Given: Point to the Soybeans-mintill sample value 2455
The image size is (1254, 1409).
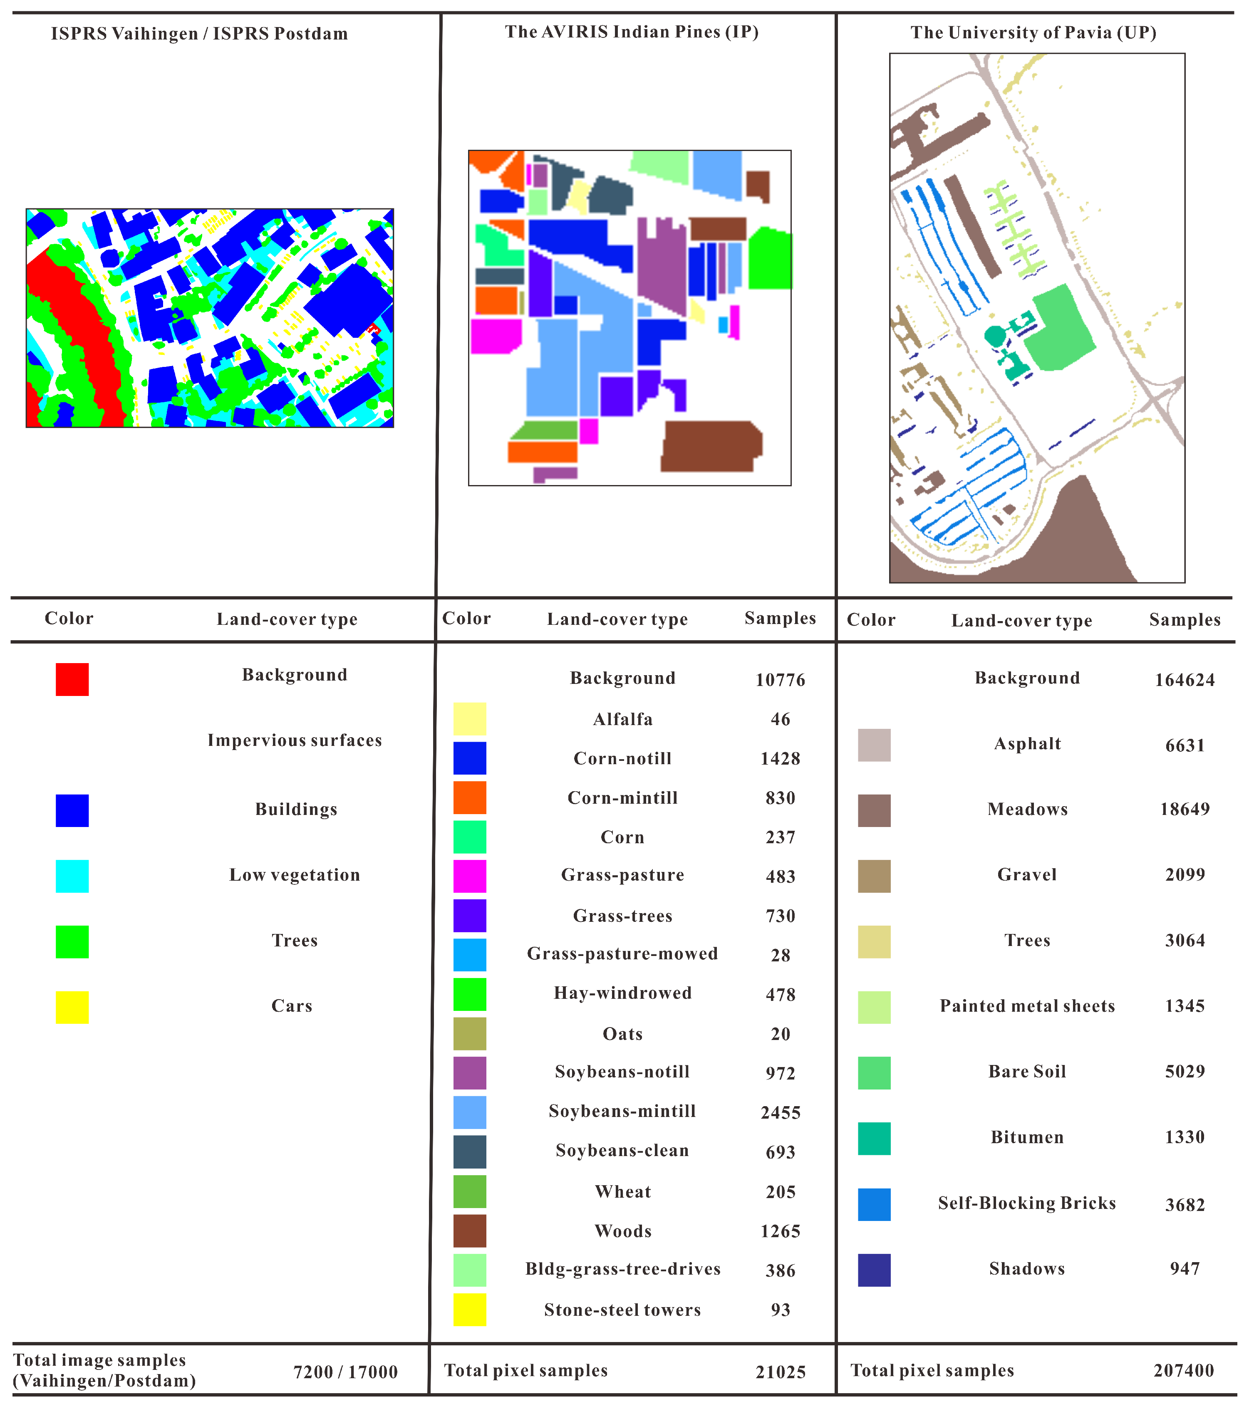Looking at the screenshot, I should tap(781, 1112).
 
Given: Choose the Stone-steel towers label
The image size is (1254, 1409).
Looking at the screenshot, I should tap(622, 1310).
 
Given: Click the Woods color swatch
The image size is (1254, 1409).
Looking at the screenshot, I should tap(469, 1231).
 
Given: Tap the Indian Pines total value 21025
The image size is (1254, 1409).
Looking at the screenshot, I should tap(781, 1372).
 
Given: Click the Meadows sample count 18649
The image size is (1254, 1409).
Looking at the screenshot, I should tap(1185, 809).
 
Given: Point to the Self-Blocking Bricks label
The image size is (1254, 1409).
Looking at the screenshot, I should tap(1026, 1203).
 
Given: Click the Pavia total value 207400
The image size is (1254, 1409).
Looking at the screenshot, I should tap(1183, 1370).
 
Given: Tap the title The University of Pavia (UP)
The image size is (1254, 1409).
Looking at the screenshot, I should tap(1033, 32).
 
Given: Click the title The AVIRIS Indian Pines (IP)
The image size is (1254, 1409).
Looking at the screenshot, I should tap(632, 32).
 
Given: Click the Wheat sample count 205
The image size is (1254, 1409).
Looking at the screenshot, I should tap(781, 1192).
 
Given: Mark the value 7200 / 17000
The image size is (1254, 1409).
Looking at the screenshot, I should tap(345, 1372).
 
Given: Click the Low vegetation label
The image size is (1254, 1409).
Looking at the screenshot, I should tap(295, 875).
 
